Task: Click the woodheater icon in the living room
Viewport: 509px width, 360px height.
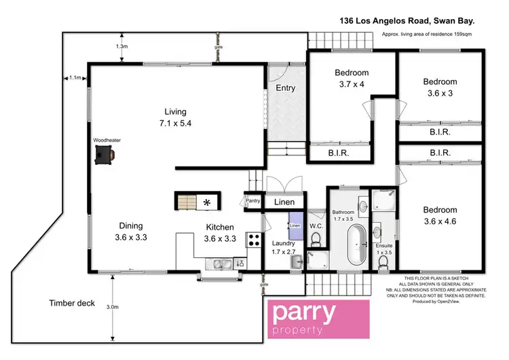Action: pos(104,156)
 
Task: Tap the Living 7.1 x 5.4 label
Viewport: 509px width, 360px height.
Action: pos(175,118)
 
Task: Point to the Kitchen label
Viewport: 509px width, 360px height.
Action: pos(220,232)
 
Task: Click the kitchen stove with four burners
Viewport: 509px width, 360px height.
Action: pos(254,240)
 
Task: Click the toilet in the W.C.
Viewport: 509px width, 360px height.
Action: pos(315,238)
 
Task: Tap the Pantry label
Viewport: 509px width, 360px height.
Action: pos(252,201)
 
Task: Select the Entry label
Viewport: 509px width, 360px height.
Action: pos(286,88)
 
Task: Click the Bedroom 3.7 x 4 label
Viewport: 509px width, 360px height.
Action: pos(351,79)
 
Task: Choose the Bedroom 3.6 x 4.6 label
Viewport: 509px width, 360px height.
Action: pos(440,215)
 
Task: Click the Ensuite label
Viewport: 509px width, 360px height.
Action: pos(384,247)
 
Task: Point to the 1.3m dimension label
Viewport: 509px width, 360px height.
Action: pos(121,46)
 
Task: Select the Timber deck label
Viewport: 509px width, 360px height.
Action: pos(71,304)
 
